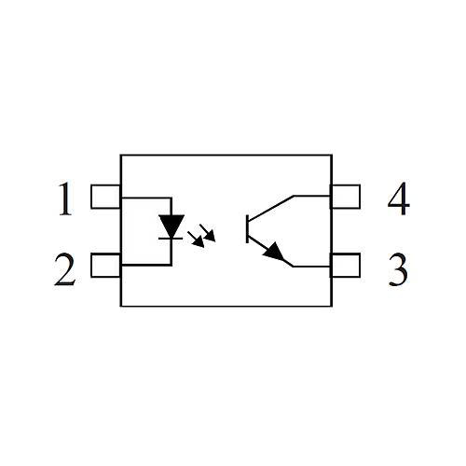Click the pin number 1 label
pos(65,199)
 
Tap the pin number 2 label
pos(65,269)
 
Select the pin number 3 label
pos(398,269)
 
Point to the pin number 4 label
pos(399,199)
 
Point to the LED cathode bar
pos(171,239)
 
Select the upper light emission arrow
pos(208,232)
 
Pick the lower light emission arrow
pos(196,240)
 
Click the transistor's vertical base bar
pos(247,228)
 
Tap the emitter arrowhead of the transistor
pos(274,253)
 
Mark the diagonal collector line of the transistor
pos(271,209)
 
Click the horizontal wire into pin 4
pos(312,197)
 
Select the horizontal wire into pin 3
pos(311,267)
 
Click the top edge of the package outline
pos(226,155)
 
